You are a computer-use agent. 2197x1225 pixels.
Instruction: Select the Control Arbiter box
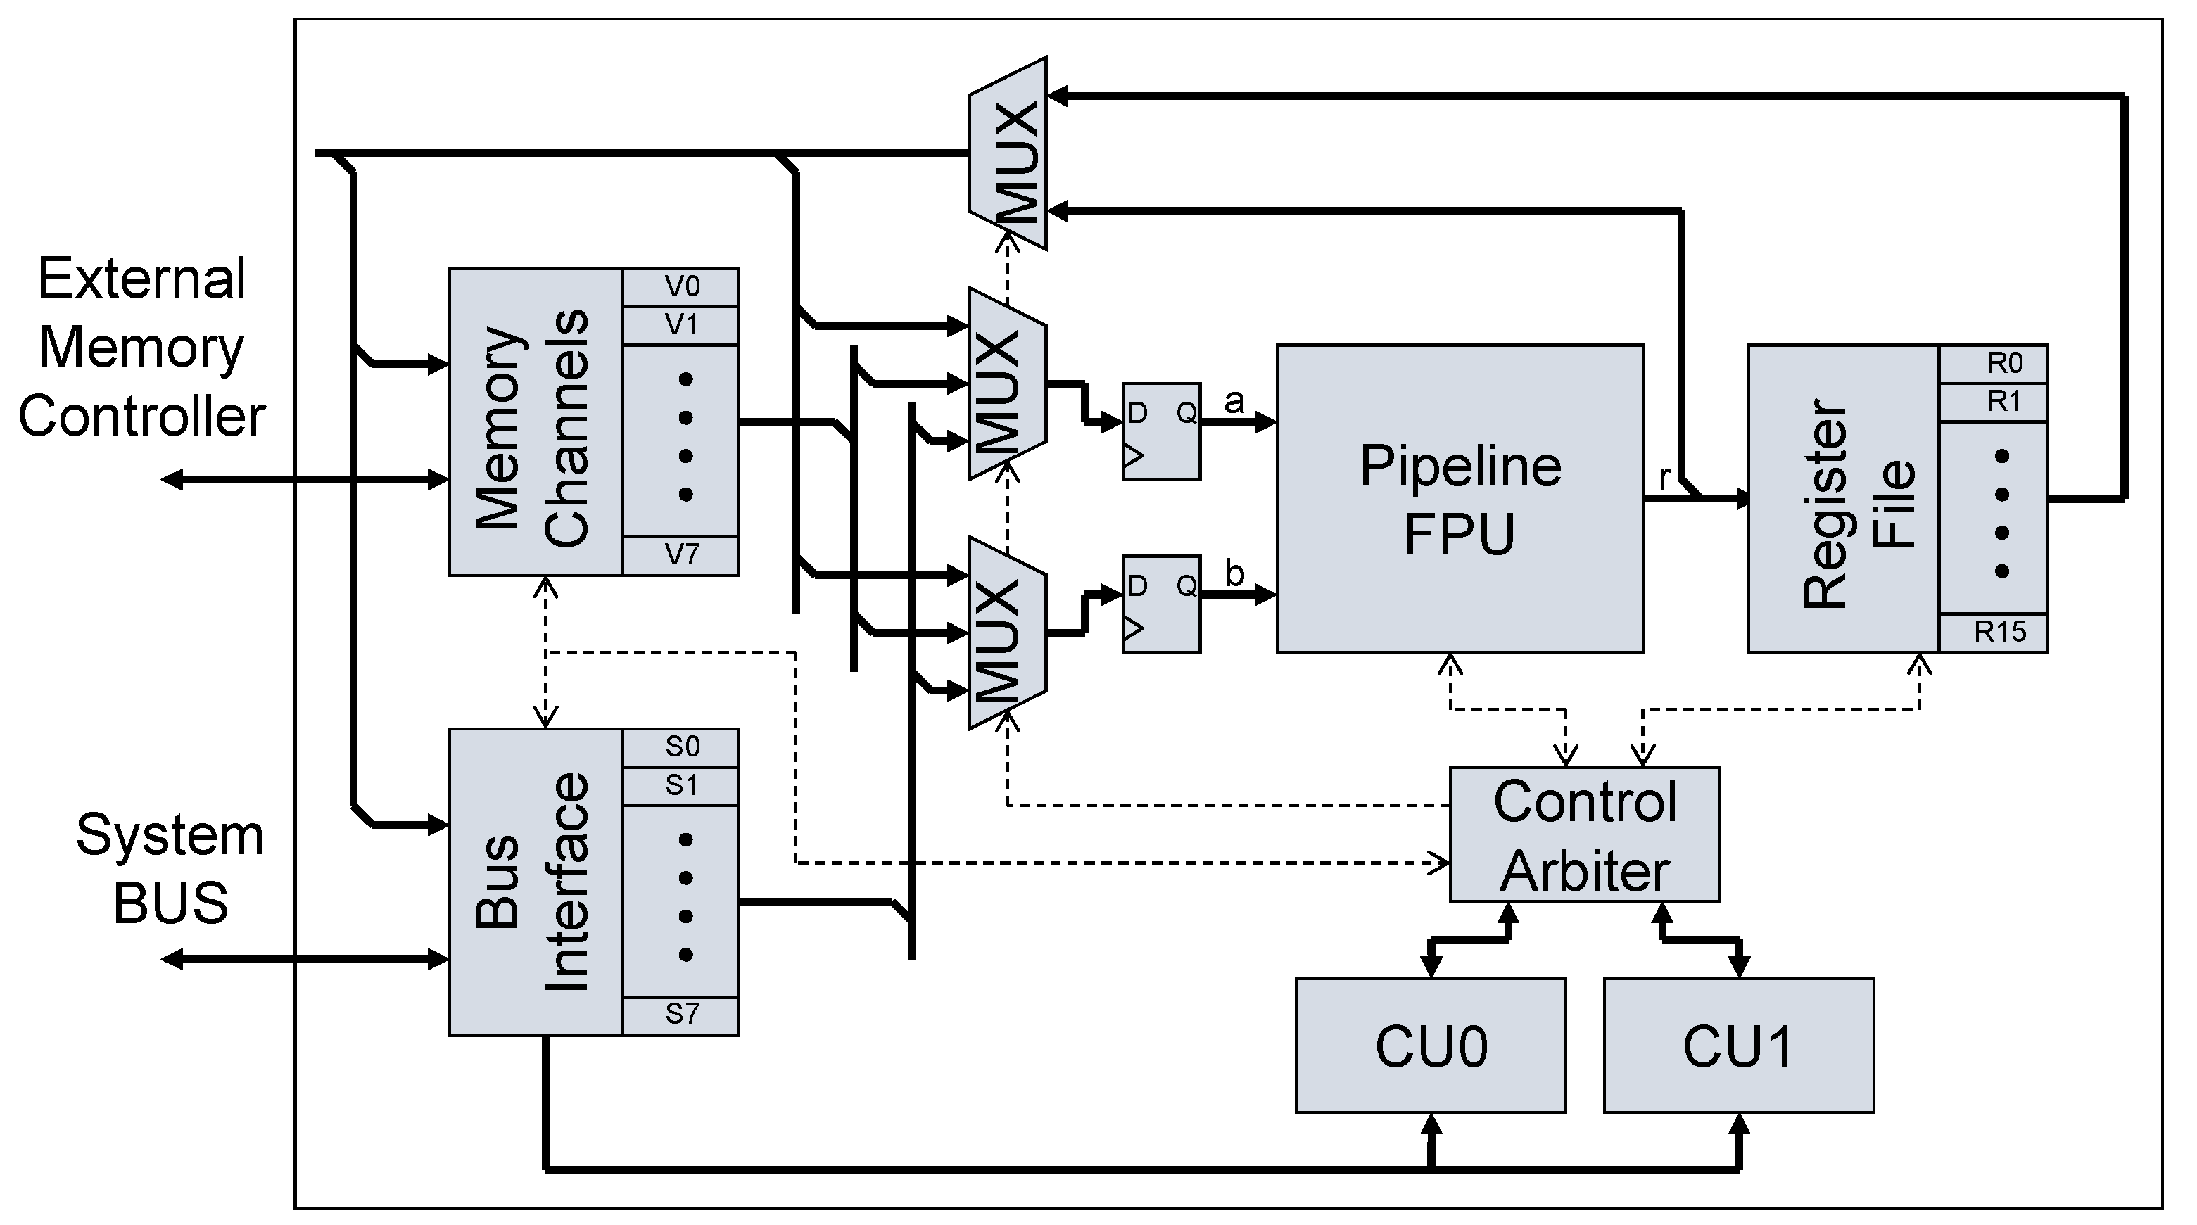point(1584,834)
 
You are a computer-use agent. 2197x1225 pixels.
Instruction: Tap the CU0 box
point(1430,1045)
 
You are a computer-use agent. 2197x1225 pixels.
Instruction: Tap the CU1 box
point(1738,1045)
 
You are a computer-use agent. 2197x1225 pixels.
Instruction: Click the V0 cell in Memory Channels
point(680,287)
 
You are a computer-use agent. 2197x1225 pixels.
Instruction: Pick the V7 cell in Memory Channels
point(680,556)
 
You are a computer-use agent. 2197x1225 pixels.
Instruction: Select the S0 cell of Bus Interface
point(680,748)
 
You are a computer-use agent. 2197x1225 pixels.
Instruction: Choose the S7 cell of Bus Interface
point(680,1015)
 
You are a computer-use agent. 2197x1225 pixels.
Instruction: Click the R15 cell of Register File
point(1992,633)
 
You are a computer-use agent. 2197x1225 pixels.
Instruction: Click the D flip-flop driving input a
point(1160,431)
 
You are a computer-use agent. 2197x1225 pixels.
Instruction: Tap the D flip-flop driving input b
point(1160,604)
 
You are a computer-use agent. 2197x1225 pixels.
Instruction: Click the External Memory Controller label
point(141,347)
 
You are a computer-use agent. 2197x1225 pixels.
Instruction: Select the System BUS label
point(169,868)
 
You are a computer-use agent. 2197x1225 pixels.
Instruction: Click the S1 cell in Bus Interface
point(680,785)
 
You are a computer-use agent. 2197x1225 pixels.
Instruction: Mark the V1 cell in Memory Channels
point(680,325)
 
